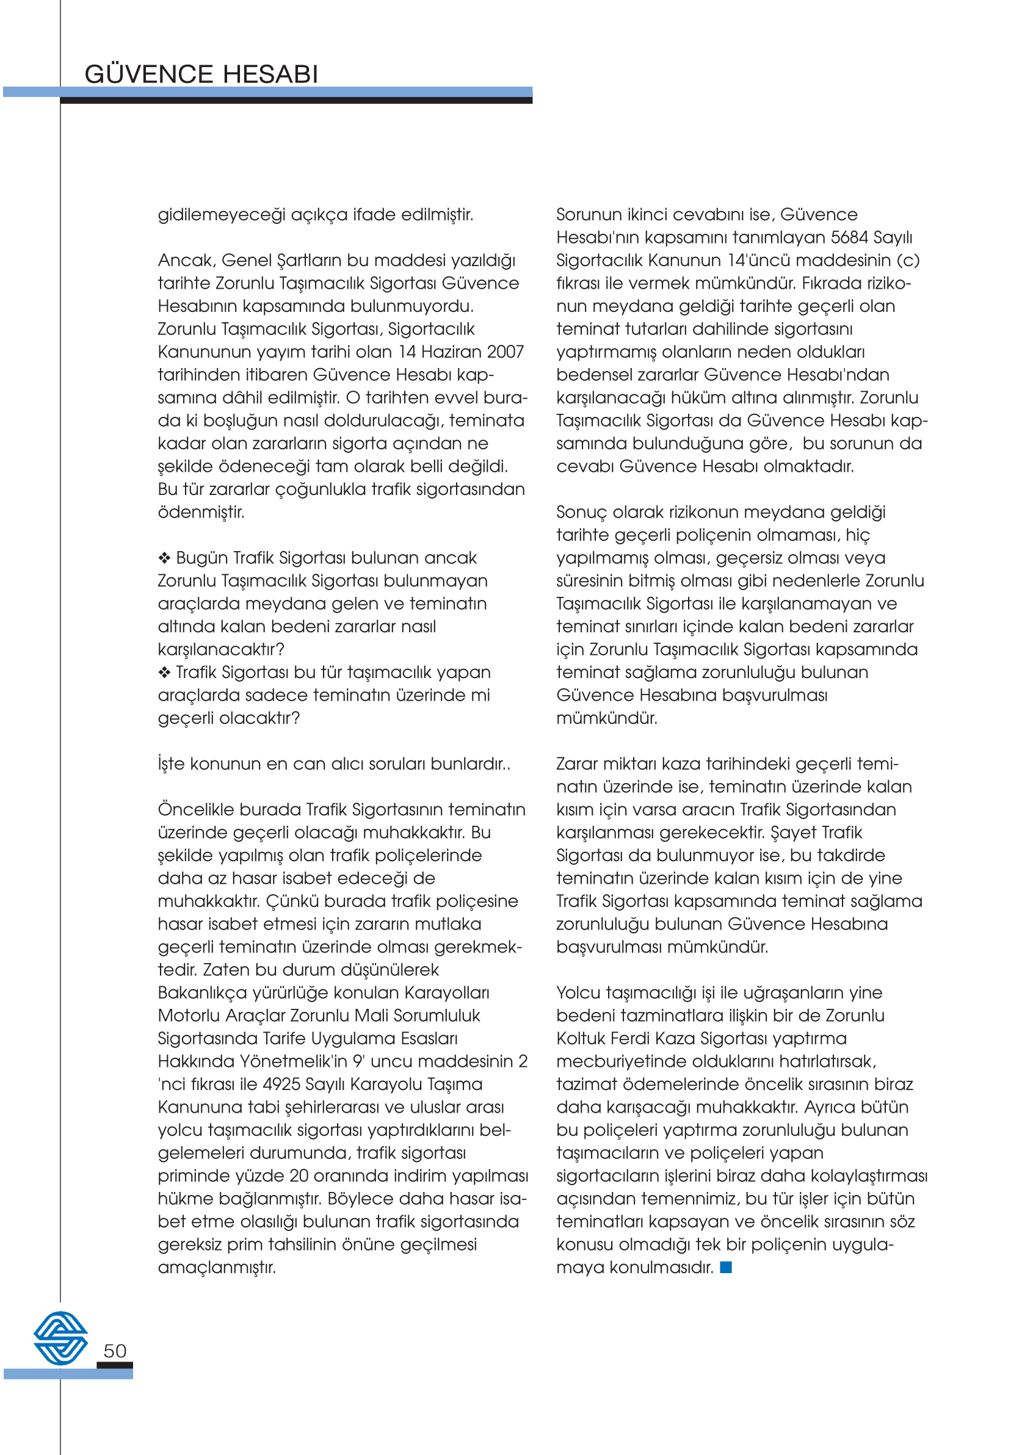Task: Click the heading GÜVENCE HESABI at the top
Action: click(x=201, y=74)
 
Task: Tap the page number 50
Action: click(x=115, y=1350)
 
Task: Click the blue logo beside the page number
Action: click(x=60, y=1337)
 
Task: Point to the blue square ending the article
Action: click(x=726, y=1267)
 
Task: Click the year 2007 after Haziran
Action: click(x=505, y=352)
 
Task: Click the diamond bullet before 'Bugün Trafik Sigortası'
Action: click(x=165, y=558)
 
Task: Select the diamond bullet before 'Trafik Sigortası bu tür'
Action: click(x=165, y=673)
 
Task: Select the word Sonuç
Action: click(x=581, y=513)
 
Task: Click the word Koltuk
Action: click(x=581, y=1039)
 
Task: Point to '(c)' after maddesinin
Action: click(x=908, y=261)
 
